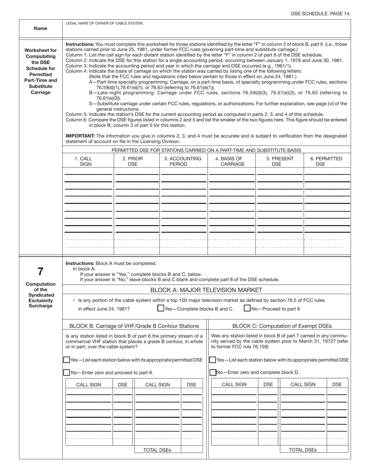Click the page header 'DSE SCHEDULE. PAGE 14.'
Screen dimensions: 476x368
321,14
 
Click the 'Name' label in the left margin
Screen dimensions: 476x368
41,28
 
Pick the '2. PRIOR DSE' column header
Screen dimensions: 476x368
132,161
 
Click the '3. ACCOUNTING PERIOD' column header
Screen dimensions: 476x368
183,161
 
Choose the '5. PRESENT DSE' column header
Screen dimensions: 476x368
280,161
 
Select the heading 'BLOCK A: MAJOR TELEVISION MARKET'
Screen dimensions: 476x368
206,290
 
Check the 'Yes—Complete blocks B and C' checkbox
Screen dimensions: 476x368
161,308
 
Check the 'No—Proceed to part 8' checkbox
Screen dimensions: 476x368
247,308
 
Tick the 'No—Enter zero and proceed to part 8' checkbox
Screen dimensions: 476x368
67,372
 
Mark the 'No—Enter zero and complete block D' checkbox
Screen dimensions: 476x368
213,372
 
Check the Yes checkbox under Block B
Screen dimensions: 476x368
67,360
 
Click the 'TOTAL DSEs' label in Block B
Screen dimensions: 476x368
157,450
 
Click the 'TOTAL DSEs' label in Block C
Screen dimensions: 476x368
303,450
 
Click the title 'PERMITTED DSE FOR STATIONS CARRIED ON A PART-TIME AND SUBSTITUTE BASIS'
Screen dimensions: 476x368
206,150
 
